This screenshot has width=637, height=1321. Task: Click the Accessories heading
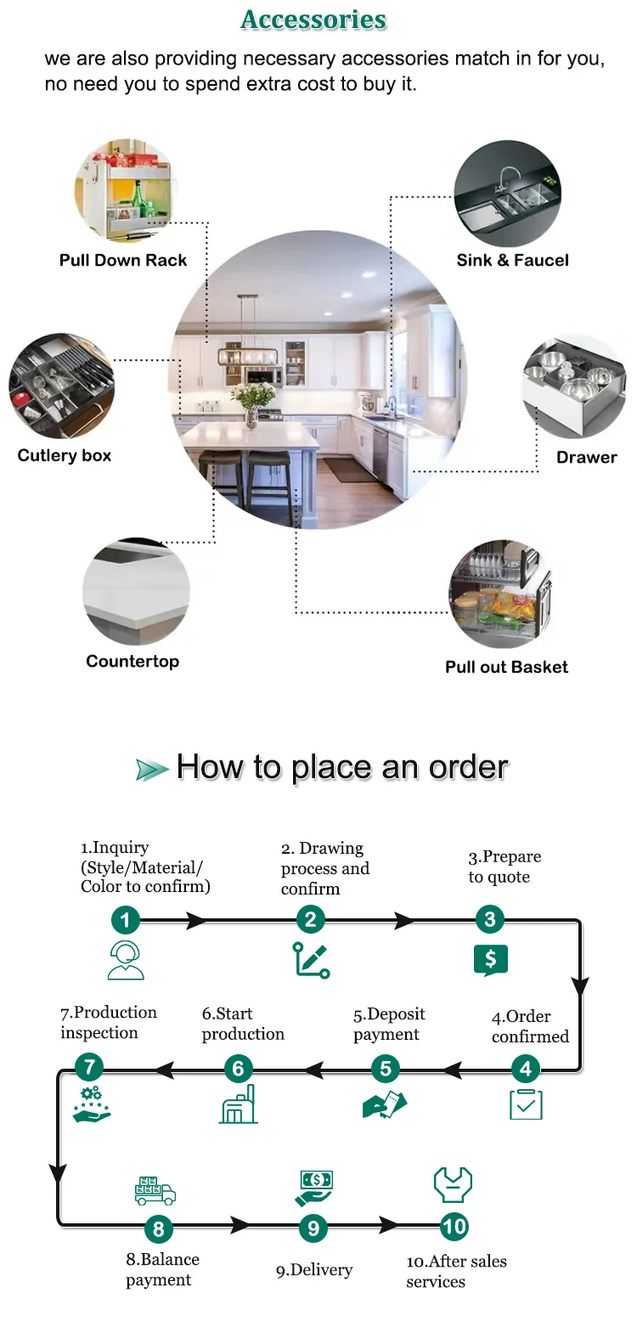tap(313, 20)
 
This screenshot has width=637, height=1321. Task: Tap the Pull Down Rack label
tap(123, 261)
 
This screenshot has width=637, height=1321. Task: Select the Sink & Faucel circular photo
tap(507, 195)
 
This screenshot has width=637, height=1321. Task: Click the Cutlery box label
tap(65, 455)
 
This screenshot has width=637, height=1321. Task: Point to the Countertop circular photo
tap(136, 591)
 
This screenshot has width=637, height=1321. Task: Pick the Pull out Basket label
tap(506, 667)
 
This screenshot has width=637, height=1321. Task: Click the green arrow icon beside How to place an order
tap(152, 770)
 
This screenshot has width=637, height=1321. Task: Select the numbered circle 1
tap(126, 920)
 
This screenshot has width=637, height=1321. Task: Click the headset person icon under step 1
tap(126, 961)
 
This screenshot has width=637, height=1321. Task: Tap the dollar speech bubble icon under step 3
tap(490, 960)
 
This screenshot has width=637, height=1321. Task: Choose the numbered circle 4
tap(526, 1070)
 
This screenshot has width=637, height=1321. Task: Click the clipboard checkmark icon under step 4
tap(526, 1104)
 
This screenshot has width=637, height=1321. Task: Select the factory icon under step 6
tap(239, 1104)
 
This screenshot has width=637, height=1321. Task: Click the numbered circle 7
tap(89, 1068)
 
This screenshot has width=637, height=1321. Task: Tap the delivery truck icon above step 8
tap(155, 1190)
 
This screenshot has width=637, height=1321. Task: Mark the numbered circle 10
tap(454, 1226)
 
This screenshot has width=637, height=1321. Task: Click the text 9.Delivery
tap(313, 1270)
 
